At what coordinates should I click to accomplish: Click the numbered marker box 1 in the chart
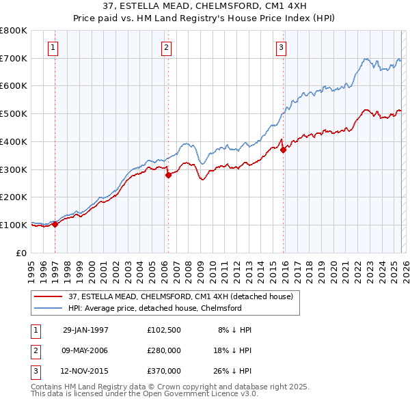click(x=53, y=47)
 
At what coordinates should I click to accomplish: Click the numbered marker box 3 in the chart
click(x=281, y=47)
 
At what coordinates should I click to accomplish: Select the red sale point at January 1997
click(x=55, y=224)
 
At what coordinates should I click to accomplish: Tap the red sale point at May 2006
click(x=168, y=175)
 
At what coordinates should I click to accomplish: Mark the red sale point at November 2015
click(x=283, y=150)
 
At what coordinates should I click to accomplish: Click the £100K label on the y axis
click(x=14, y=225)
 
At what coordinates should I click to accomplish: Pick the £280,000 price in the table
click(x=164, y=350)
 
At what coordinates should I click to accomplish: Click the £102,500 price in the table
click(x=164, y=330)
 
